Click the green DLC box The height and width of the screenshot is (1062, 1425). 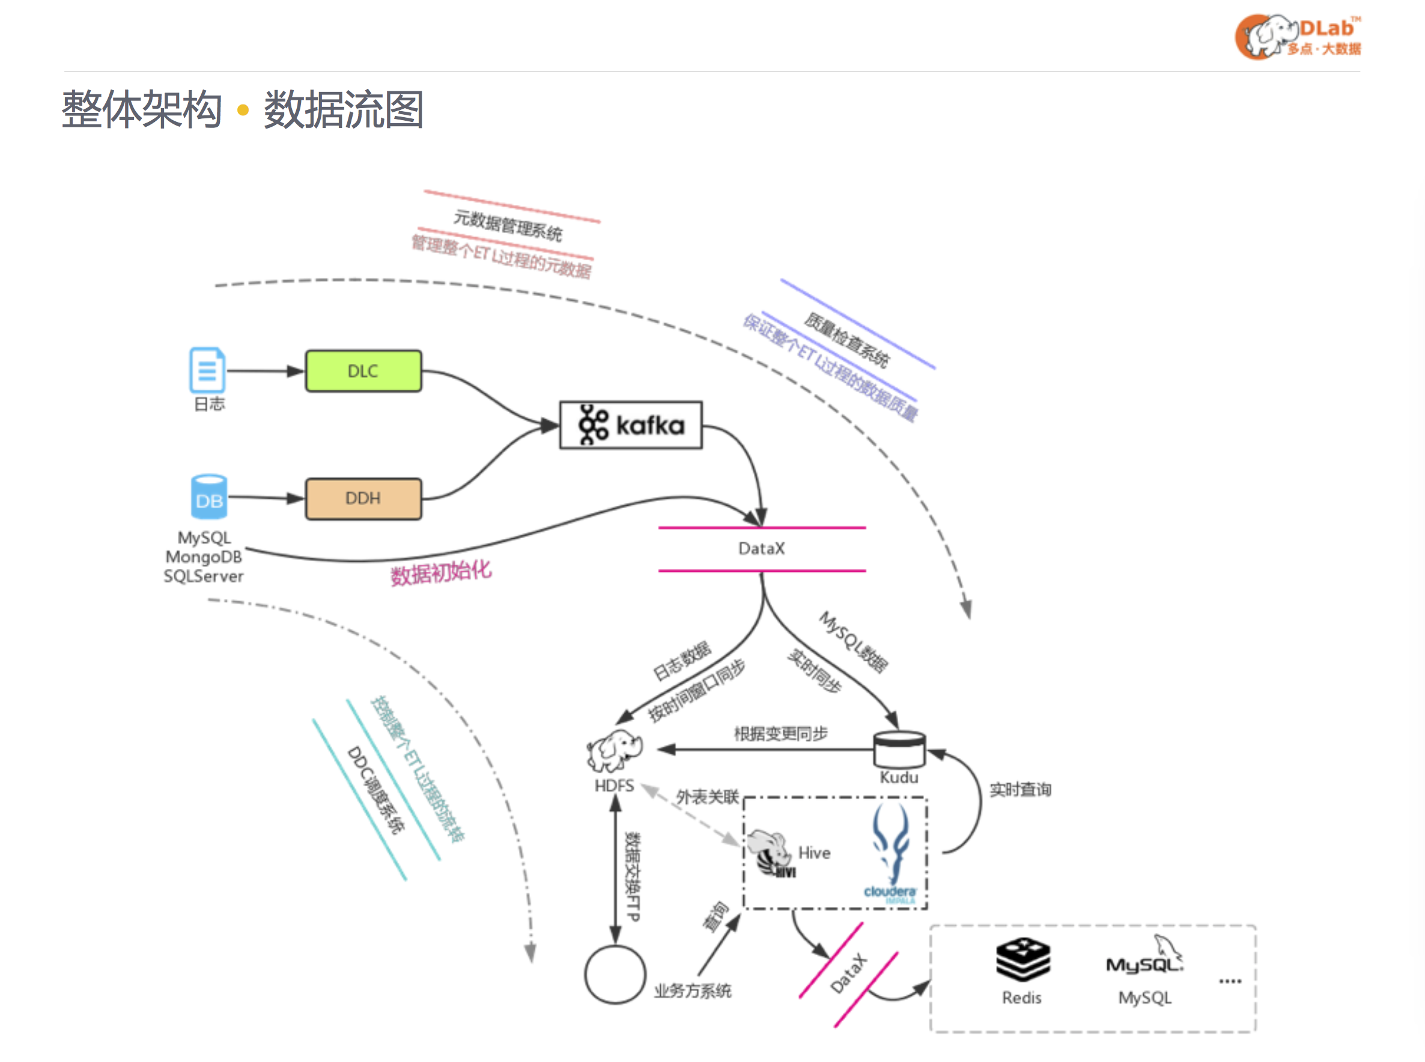click(x=363, y=371)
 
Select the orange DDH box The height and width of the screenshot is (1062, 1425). click(x=363, y=498)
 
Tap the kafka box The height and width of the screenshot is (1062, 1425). click(x=631, y=425)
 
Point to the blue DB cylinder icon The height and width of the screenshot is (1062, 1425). click(x=209, y=497)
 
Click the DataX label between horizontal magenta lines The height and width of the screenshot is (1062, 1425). click(x=762, y=548)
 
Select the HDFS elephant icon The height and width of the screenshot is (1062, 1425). click(x=614, y=750)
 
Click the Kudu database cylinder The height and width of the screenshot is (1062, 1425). click(x=899, y=748)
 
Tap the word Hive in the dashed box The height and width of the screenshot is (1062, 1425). click(x=814, y=852)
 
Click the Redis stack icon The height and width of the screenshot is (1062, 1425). click(x=1022, y=959)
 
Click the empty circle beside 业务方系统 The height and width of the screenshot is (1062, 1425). click(x=615, y=974)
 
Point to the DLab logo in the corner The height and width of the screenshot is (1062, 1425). click(x=1298, y=37)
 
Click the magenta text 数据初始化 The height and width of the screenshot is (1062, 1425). click(x=441, y=572)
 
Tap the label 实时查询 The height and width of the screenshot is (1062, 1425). click(x=1020, y=789)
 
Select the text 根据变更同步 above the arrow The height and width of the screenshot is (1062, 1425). click(x=780, y=733)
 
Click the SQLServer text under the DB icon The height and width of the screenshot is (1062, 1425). click(x=203, y=576)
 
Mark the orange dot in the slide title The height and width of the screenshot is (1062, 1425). click(x=243, y=111)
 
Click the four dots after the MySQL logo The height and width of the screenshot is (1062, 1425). click(x=1230, y=981)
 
